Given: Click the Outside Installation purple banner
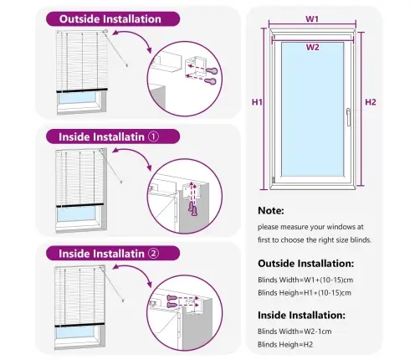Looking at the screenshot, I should [x=110, y=18].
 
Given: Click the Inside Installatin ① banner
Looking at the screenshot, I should [x=110, y=136].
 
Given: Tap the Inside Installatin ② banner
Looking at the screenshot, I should [x=110, y=253].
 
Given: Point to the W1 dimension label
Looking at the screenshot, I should [x=311, y=18].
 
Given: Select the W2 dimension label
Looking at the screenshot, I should [x=311, y=48].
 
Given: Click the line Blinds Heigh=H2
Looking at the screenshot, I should [x=284, y=344].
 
